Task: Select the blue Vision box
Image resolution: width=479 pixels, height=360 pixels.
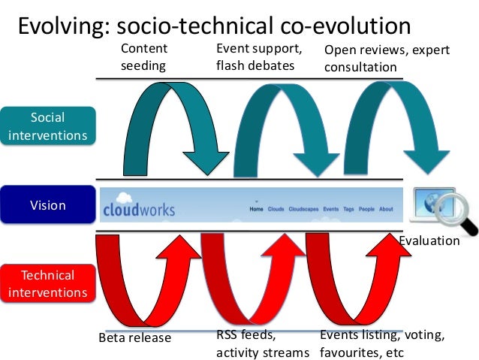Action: tap(48, 205)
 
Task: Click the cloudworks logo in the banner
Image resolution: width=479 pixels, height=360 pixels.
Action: tap(139, 207)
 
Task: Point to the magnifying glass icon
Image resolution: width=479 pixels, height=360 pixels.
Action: tap(458, 211)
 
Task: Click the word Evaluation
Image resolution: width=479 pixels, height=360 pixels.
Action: tap(429, 241)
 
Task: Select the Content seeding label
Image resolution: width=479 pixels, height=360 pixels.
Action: tap(144, 57)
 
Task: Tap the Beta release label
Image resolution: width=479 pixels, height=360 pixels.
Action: tap(135, 337)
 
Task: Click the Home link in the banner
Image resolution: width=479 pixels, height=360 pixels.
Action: tap(257, 209)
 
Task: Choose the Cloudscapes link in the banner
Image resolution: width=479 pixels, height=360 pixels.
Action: tap(304, 209)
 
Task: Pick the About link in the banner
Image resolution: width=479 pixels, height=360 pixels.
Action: tap(386, 209)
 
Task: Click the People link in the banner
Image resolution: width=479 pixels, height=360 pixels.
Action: tap(366, 209)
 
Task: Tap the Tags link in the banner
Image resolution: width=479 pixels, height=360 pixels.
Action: tap(348, 209)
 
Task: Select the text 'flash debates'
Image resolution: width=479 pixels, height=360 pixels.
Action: tap(255, 65)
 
